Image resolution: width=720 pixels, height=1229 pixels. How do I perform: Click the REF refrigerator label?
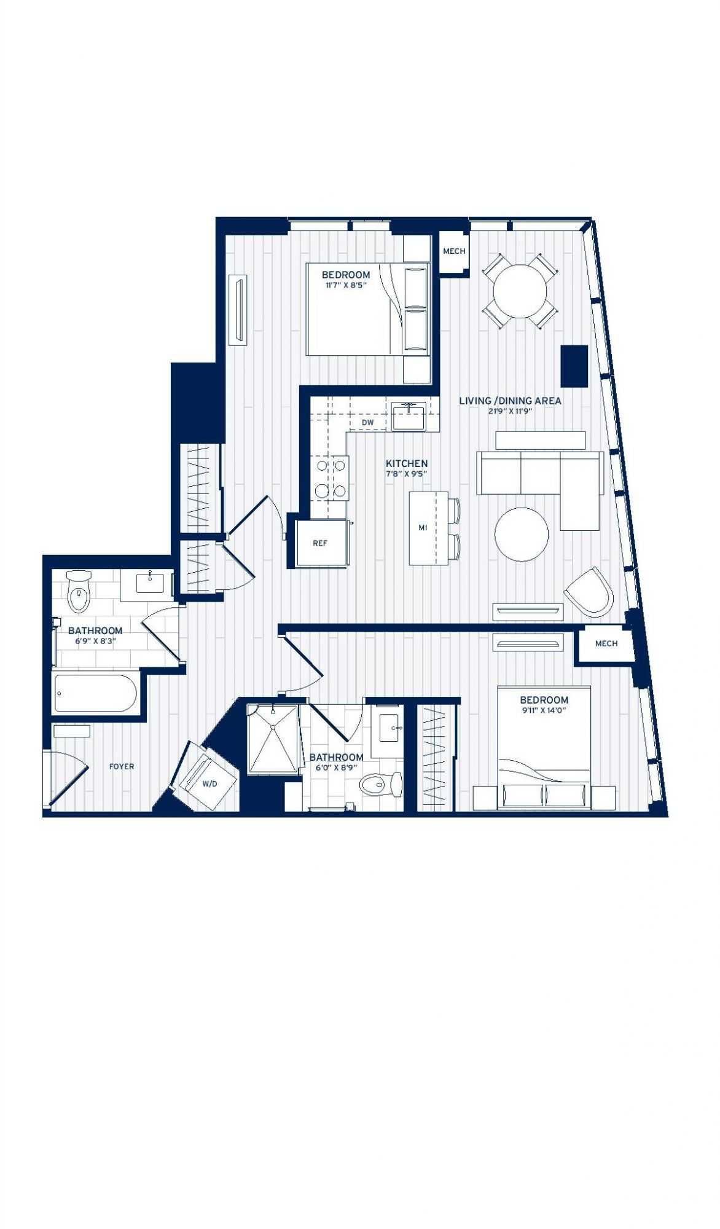coord(320,543)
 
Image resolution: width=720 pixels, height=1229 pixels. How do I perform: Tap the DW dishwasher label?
coord(367,423)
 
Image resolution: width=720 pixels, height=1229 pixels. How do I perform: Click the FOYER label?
coord(122,766)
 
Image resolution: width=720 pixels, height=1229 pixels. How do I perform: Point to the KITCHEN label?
coord(407,463)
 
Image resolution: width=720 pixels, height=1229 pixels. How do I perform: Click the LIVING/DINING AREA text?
coord(510,401)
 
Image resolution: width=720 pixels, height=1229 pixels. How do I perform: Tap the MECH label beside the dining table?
coord(454,251)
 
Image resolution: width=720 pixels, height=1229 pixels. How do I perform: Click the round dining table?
coord(520,291)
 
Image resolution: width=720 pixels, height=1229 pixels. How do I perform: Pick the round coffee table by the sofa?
coord(522,534)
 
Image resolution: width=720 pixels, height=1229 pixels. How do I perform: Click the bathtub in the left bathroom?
coord(95,694)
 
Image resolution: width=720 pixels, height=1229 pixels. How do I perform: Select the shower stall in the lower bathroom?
coord(273,739)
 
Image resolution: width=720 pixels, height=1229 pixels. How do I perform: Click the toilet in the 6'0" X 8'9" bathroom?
coord(380,783)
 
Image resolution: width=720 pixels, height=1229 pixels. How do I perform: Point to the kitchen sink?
coord(409,416)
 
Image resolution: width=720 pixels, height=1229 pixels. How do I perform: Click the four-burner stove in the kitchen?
coord(331,478)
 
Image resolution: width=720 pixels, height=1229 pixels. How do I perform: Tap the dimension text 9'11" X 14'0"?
coord(544,710)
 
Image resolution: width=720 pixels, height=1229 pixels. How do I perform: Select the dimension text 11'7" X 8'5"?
coord(346,285)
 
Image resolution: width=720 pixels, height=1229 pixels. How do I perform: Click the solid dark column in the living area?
coord(574,366)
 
